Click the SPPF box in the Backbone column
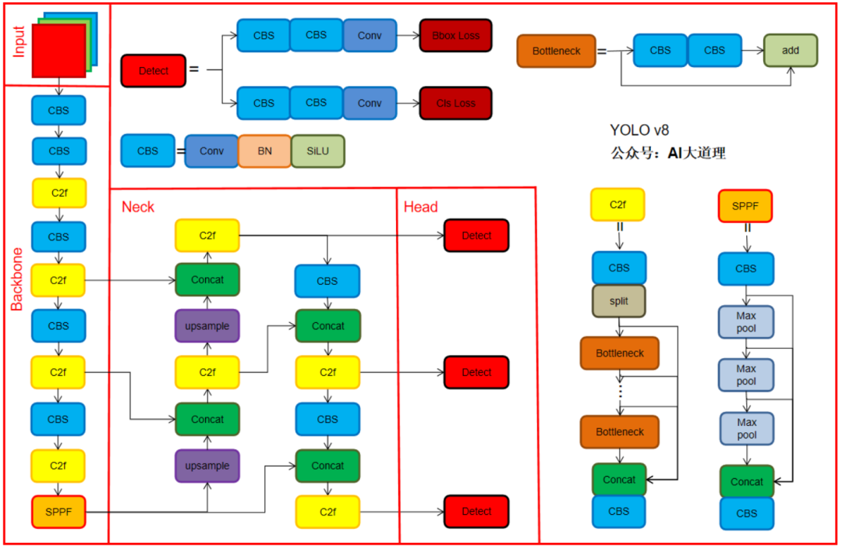click(58, 512)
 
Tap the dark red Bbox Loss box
click(455, 36)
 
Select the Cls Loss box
click(455, 103)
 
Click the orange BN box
click(265, 151)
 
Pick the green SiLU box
click(317, 151)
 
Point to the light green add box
click(791, 50)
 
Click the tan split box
click(619, 301)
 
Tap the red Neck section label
click(138, 207)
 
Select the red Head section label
click(421, 207)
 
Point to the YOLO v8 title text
click(639, 130)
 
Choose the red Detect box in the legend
click(154, 71)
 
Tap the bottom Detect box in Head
click(476, 512)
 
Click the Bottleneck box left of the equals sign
click(556, 51)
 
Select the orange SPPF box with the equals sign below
click(745, 206)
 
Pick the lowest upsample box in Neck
click(207, 466)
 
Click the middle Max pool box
click(746, 375)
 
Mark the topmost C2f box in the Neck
click(207, 236)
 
